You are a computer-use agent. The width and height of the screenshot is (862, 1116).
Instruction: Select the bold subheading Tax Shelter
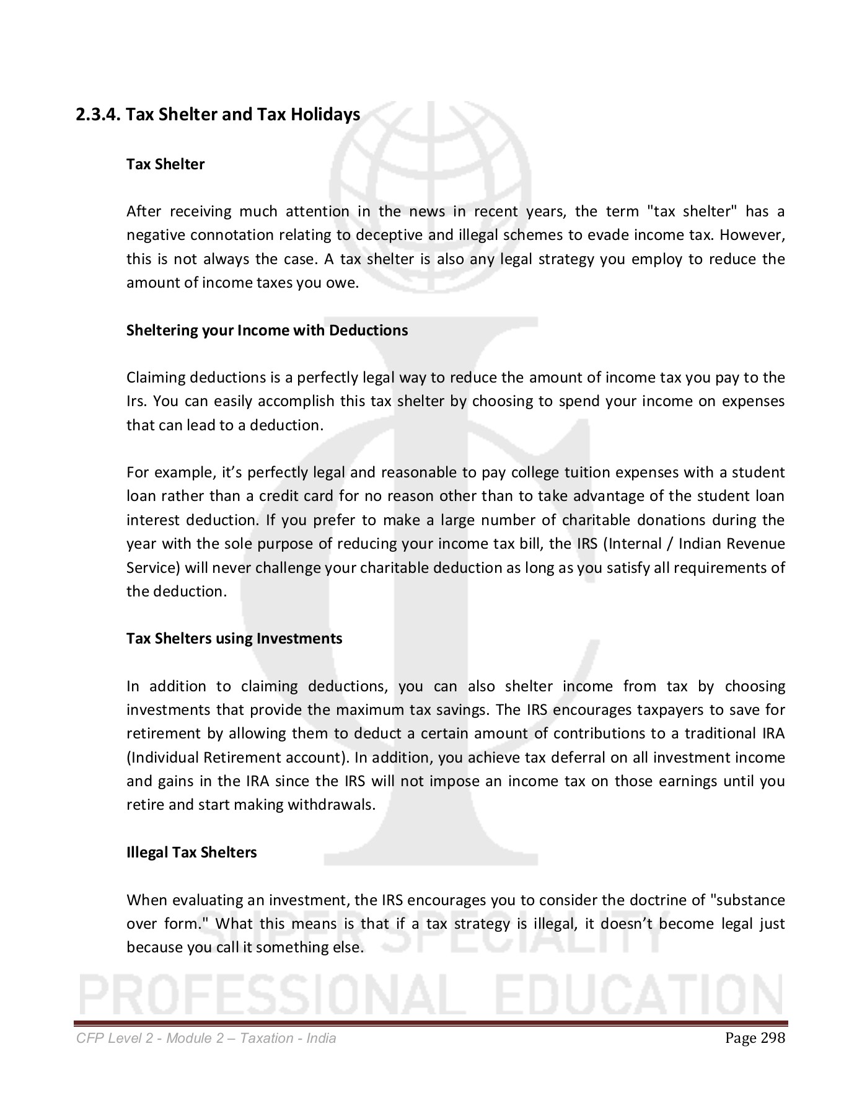165,164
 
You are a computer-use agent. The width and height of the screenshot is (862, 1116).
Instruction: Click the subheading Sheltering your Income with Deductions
267,330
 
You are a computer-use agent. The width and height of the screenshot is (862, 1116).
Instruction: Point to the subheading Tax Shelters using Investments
234,639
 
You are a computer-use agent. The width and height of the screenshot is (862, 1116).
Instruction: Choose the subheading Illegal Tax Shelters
191,852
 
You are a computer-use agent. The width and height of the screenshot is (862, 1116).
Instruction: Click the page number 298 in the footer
772,1038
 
